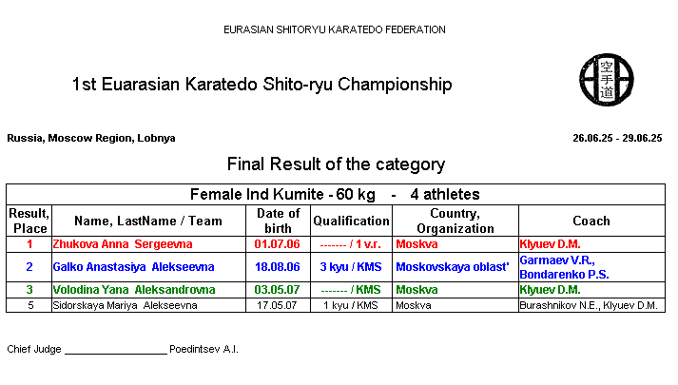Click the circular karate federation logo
pos(607,80)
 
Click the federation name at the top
pos(334,29)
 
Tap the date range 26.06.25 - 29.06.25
pos(617,138)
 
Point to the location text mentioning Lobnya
pos(91,138)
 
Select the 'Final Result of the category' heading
pos(336,164)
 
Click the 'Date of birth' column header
pos(278,221)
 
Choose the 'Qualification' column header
pos(351,221)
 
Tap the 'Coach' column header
pos(591,221)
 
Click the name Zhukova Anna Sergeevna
pos(123,244)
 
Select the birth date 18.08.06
pos(277,267)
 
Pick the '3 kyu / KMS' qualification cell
pos(351,267)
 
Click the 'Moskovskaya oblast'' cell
pos(453,267)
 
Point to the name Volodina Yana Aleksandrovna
pos(134,290)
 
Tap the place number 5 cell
pos(30,305)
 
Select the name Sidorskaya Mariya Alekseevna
pos(125,305)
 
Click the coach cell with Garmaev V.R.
pos(564,267)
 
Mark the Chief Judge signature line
pos(116,354)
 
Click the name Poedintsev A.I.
pos(203,349)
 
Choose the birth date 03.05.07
pos(277,290)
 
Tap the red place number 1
pos(29,244)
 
